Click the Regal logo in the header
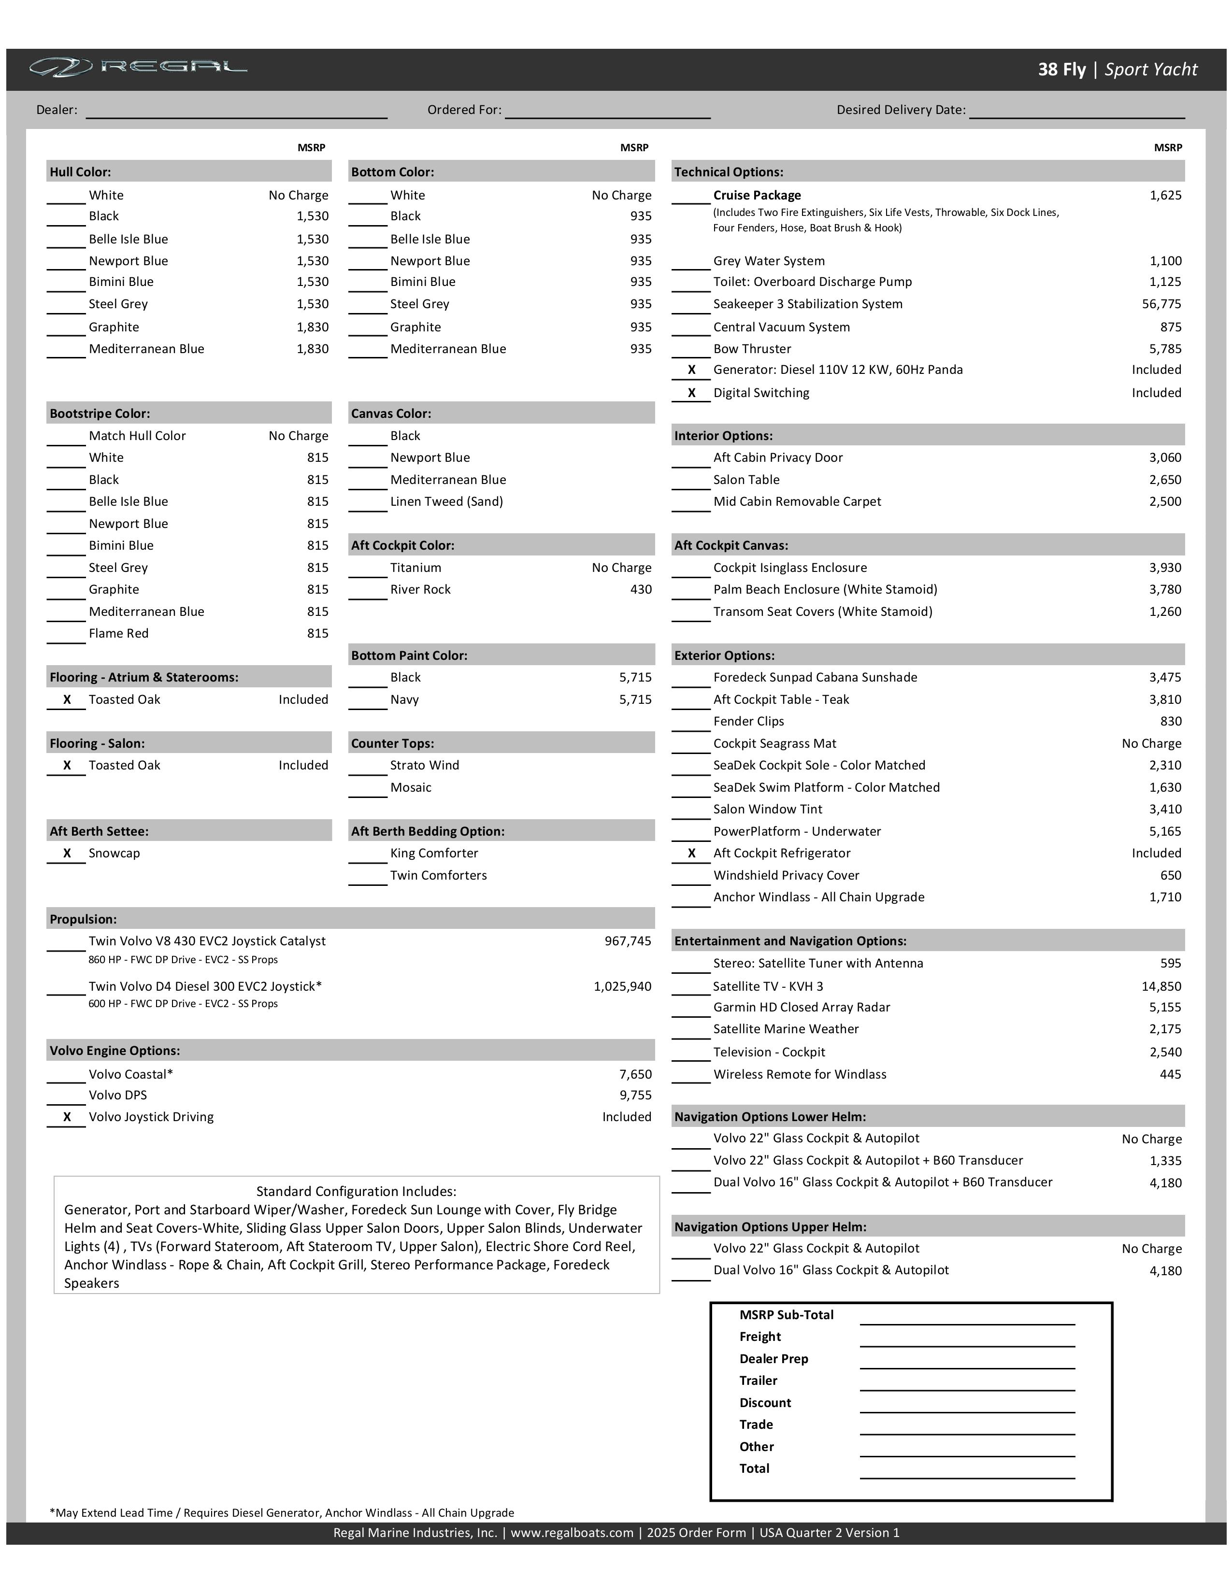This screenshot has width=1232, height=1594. click(139, 68)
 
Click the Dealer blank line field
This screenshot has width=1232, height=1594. click(236, 111)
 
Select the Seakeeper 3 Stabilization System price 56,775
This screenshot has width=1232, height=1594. click(1161, 304)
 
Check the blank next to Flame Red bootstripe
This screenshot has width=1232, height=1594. click(66, 635)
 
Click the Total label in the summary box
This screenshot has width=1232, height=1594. click(754, 1468)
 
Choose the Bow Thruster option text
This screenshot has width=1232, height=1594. click(752, 349)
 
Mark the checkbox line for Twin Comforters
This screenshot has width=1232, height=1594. click(367, 877)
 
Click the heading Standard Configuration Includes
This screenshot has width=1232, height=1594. click(356, 1191)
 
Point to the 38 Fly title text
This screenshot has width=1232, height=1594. click(1062, 70)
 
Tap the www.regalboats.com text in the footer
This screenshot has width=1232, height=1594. click(572, 1533)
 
